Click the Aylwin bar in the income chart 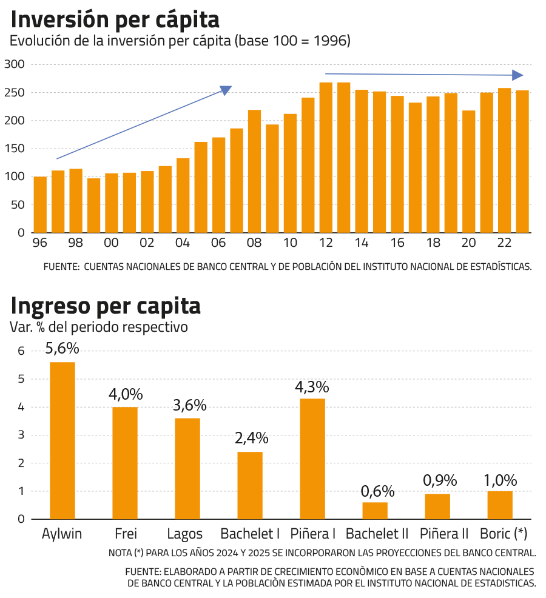62,440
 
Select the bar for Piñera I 312,458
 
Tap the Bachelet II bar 375,510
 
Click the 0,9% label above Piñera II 437,480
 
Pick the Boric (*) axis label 504,534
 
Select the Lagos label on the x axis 187,534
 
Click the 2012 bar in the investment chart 326,157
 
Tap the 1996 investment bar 40,204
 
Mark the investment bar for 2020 469,171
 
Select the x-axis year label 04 183,243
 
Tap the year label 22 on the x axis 504,243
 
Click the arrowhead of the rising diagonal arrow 226,90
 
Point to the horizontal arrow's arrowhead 517,75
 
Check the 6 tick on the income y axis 21,351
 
